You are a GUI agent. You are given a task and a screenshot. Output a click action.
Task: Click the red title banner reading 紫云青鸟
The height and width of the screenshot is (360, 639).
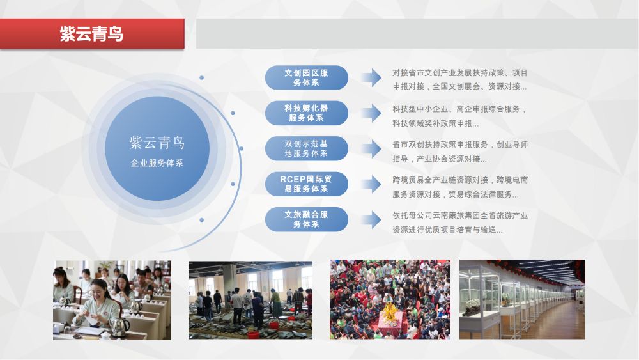point(92,33)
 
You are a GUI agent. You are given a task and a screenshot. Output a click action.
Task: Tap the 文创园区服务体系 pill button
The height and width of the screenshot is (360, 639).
point(307,77)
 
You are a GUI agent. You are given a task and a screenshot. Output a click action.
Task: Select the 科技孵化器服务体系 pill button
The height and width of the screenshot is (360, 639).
point(307,113)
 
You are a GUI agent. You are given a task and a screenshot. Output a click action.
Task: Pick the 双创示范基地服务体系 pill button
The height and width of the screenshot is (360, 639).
point(307,148)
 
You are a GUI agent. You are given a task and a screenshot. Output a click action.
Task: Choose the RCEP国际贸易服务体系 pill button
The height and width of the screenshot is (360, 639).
point(307,184)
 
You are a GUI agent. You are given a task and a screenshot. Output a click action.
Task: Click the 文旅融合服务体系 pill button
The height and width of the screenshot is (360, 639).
point(307,219)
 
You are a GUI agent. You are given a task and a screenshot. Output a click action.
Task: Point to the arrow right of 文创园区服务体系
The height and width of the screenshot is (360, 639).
point(371,77)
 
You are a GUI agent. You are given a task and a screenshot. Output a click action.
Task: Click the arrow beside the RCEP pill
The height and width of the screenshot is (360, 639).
point(371,184)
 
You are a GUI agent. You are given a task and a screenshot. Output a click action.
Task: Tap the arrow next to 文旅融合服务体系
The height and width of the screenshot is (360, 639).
point(371,220)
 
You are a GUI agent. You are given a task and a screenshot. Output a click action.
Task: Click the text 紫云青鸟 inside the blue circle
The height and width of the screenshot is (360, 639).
point(157,143)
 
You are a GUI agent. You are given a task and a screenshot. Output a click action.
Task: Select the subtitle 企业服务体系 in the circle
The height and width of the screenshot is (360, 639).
point(157,163)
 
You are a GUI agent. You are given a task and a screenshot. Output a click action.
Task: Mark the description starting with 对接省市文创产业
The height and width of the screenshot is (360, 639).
point(459,79)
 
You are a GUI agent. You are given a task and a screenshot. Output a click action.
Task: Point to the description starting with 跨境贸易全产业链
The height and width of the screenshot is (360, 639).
point(459,187)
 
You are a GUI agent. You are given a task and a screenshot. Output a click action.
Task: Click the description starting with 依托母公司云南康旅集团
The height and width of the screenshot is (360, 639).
point(459,223)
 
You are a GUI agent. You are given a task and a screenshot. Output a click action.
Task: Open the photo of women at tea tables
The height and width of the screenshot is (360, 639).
point(112,300)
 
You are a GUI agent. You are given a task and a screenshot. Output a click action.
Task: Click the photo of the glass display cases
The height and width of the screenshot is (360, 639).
point(522,299)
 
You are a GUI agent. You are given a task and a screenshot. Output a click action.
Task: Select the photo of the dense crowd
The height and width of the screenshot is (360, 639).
point(390,299)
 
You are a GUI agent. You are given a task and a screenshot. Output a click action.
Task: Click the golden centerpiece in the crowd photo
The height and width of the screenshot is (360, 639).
point(390,312)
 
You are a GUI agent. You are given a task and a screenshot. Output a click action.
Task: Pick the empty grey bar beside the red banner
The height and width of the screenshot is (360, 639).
point(417,33)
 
